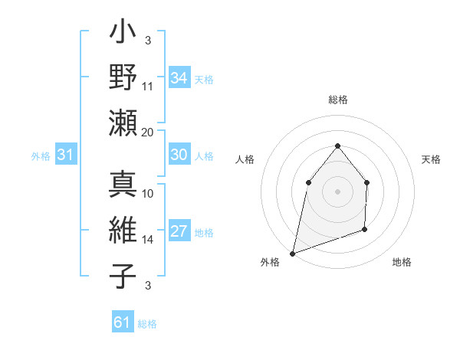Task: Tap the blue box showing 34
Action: point(179,78)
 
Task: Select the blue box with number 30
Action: point(179,155)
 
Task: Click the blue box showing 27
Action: point(179,231)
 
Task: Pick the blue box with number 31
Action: point(66,155)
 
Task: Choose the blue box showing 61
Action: point(123,322)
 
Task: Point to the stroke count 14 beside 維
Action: point(148,240)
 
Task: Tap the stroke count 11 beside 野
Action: point(148,87)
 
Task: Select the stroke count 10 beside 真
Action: point(148,194)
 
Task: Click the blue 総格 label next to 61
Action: point(147,324)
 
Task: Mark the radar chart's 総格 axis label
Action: point(337,100)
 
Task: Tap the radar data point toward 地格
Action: point(365,229)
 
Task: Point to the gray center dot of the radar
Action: point(337,191)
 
